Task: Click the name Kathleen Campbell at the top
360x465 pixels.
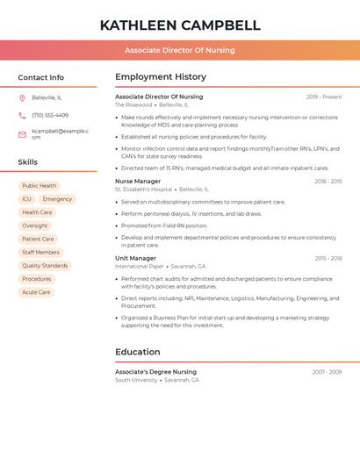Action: (180, 25)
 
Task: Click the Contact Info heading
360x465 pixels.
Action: (41, 77)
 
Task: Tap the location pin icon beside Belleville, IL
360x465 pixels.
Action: (22, 97)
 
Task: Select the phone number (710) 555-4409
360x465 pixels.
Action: (50, 115)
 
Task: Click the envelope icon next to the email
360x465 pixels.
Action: (22, 133)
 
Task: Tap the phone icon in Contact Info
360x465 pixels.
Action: (22, 115)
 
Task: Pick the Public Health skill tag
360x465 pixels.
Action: (39, 186)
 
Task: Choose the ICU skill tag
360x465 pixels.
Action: (26, 199)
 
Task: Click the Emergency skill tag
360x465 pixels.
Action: (57, 199)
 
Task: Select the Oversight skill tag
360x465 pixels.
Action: (35, 225)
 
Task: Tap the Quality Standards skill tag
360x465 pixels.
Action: (45, 266)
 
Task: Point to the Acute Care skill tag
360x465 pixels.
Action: (36, 292)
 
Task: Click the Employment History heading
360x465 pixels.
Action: (161, 77)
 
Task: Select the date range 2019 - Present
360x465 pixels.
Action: (324, 97)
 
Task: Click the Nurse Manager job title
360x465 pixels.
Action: (138, 181)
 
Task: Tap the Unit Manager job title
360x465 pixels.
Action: (135, 258)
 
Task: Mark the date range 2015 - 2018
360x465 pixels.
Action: (328, 259)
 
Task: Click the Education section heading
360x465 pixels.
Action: (137, 352)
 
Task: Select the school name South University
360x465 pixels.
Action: (136, 380)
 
